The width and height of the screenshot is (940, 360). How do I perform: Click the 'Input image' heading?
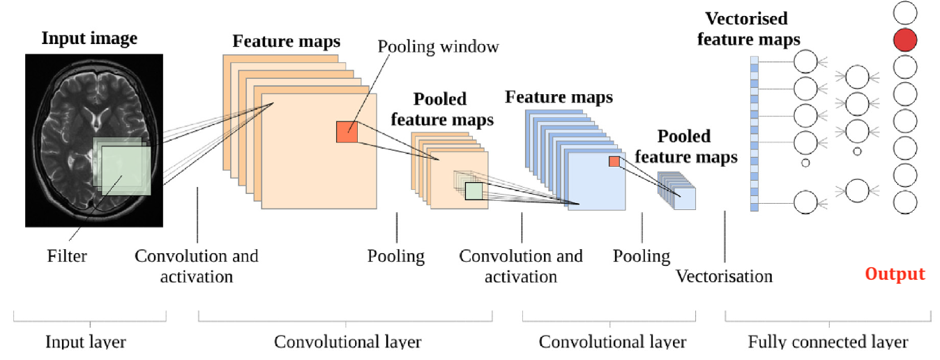point(89,38)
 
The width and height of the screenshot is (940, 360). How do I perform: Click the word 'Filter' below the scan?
point(68,256)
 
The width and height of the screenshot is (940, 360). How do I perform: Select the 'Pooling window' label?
point(439,47)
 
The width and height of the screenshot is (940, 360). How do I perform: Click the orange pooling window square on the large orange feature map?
point(347,132)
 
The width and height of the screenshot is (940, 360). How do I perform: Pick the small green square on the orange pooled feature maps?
point(473,190)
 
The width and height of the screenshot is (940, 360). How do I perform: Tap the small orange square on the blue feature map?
point(614,161)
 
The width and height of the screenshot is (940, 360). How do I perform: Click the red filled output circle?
point(905,40)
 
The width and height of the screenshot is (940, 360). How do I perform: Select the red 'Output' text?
point(895,273)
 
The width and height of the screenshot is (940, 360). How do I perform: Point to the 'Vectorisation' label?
point(724,276)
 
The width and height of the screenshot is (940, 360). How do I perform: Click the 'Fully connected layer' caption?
point(828,342)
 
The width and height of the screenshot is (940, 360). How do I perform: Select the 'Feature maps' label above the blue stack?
point(559,96)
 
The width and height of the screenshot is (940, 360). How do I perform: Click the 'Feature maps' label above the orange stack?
point(286,41)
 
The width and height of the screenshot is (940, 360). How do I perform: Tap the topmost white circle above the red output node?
point(905,12)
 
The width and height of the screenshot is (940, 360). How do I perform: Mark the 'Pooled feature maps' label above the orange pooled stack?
point(441,109)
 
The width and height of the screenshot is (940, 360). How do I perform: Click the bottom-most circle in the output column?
point(905,202)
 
